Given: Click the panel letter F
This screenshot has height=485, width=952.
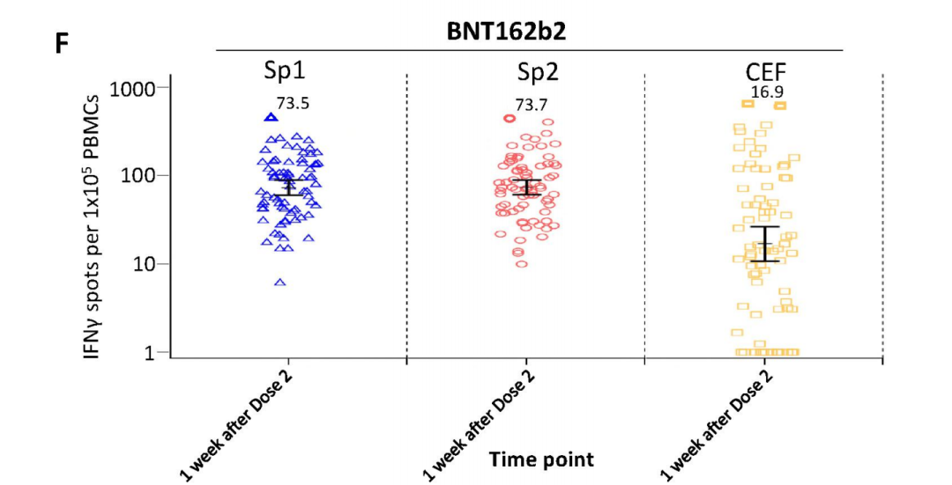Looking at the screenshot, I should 62,43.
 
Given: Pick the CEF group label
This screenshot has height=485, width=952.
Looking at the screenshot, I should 763,71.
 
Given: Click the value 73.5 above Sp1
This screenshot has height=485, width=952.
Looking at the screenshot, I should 292,103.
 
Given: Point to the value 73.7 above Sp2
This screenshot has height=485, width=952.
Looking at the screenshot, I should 531,105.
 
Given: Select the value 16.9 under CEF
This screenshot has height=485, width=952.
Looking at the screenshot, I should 767,90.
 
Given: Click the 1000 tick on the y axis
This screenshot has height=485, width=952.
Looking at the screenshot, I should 132,88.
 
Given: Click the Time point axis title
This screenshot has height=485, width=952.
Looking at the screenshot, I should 541,459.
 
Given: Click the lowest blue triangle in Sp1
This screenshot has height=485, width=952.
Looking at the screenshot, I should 280,283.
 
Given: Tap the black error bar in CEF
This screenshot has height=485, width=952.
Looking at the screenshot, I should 765,244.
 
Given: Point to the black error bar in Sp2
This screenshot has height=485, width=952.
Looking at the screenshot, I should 527,187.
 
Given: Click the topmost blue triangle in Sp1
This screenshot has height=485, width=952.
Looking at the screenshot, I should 271,116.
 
